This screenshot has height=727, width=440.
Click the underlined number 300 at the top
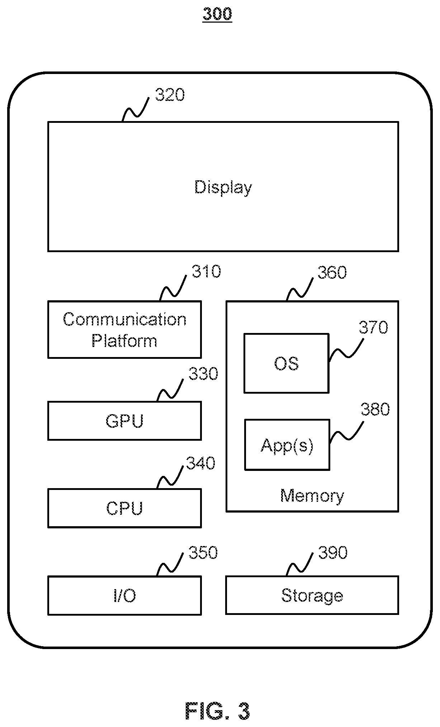pos(217,14)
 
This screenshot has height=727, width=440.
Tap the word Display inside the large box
pos(223,187)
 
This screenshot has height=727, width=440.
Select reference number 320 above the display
pos(170,95)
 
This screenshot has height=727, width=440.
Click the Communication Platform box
pos(124,329)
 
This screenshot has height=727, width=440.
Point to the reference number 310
pos(206,272)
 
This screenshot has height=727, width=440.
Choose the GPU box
pos(124,421)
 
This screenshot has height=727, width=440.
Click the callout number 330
pos(203,374)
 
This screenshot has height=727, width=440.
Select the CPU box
pos(124,508)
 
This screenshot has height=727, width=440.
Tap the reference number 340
pos(201,463)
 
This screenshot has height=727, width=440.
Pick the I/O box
pos(124,596)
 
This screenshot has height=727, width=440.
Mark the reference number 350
pos(203,552)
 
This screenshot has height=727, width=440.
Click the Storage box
pos(312,595)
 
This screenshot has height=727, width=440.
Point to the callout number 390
pos(333,552)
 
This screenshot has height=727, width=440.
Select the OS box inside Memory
pos(286,363)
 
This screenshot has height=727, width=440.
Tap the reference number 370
pos(374,328)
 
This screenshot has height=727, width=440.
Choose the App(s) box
pos(287,445)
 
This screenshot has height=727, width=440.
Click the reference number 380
pos(375,409)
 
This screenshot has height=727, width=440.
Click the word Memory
pos(312,496)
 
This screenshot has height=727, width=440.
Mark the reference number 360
pos(332,273)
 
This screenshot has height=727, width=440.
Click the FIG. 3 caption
pos(217,711)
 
